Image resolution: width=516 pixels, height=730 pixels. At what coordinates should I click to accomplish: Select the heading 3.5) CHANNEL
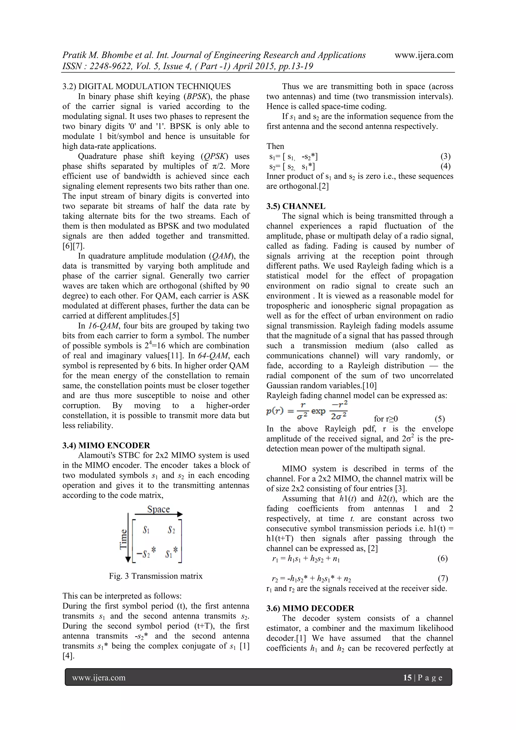pyautogui.click(x=296, y=206)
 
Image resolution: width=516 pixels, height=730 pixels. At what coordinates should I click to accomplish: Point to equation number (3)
pyautogui.click(x=445, y=156)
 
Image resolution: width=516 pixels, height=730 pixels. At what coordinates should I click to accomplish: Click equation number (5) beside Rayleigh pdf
pyautogui.click(x=440, y=419)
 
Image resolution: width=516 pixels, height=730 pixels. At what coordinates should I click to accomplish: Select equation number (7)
pyautogui.click(x=443, y=578)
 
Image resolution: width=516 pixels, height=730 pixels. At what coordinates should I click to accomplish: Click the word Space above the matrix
pyautogui.click(x=158, y=509)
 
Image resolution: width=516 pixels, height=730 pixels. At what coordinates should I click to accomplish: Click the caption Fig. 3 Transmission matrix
pyautogui.click(x=155, y=576)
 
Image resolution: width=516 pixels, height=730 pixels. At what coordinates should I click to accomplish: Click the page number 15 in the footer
pyautogui.click(x=407, y=678)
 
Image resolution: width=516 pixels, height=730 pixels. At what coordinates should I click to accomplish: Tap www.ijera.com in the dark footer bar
pyautogui.click(x=99, y=678)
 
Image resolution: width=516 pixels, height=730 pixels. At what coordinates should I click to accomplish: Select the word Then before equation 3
pyautogui.click(x=275, y=146)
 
